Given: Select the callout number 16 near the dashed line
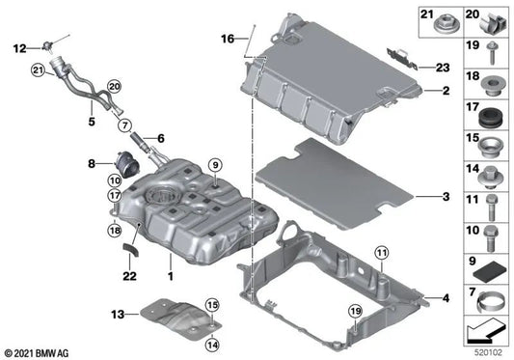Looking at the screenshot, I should click(227, 40).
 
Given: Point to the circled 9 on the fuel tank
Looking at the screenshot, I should click(214, 164).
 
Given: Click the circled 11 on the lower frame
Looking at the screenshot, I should click(381, 255).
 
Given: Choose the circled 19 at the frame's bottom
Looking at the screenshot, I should click(355, 312).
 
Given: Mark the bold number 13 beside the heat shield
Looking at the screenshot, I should click(119, 315).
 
